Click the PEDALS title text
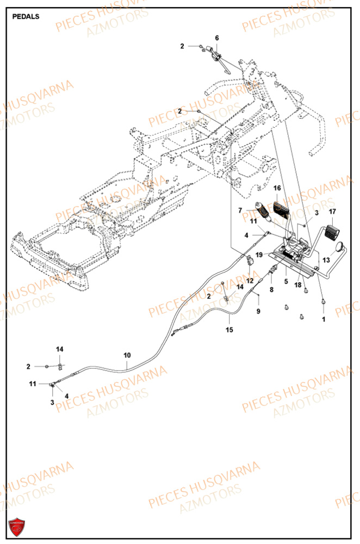click(x=26, y=16)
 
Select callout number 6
click(x=216, y=38)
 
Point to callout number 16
click(x=277, y=188)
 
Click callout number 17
click(x=332, y=212)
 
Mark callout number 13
click(x=326, y=260)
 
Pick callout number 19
click(x=259, y=255)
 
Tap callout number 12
click(x=250, y=280)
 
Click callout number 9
click(x=258, y=311)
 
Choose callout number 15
click(x=229, y=330)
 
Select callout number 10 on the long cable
click(x=127, y=355)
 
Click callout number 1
click(x=324, y=319)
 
